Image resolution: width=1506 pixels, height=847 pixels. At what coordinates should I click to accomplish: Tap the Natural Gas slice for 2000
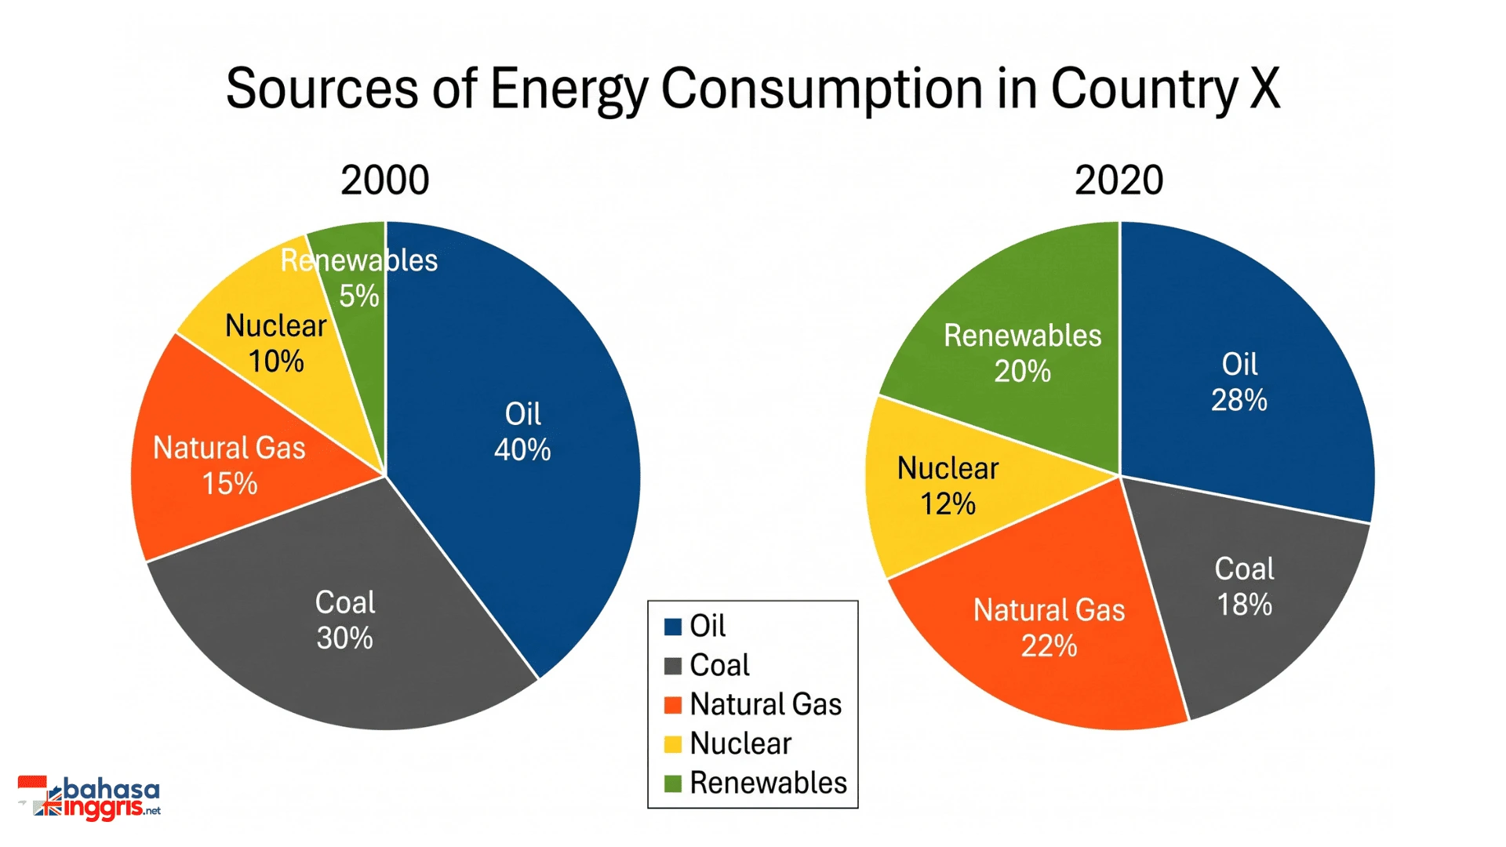[x=227, y=463]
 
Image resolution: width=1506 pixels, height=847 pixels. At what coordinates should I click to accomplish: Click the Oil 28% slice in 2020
[x=1239, y=376]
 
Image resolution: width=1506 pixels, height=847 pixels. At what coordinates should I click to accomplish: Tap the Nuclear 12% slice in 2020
[x=949, y=486]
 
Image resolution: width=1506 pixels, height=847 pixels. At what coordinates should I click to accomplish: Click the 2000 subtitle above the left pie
[x=385, y=180]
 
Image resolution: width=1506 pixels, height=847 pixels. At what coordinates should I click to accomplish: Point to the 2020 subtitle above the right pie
[x=1119, y=180]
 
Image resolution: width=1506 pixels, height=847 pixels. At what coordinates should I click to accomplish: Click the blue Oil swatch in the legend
[x=673, y=627]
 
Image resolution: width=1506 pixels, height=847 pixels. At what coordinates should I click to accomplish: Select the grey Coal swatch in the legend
[x=673, y=666]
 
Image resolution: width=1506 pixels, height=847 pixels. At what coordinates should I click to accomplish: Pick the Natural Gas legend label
[x=766, y=704]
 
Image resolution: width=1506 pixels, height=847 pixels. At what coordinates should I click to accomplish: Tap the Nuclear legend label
[x=740, y=743]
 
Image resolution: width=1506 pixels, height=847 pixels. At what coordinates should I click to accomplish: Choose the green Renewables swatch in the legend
[x=673, y=783]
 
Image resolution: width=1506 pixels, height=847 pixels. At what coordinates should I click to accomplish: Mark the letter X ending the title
[x=1264, y=87]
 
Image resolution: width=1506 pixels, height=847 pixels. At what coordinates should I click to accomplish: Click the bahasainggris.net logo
[x=89, y=798]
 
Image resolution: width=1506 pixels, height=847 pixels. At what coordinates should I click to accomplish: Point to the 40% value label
[x=522, y=450]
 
